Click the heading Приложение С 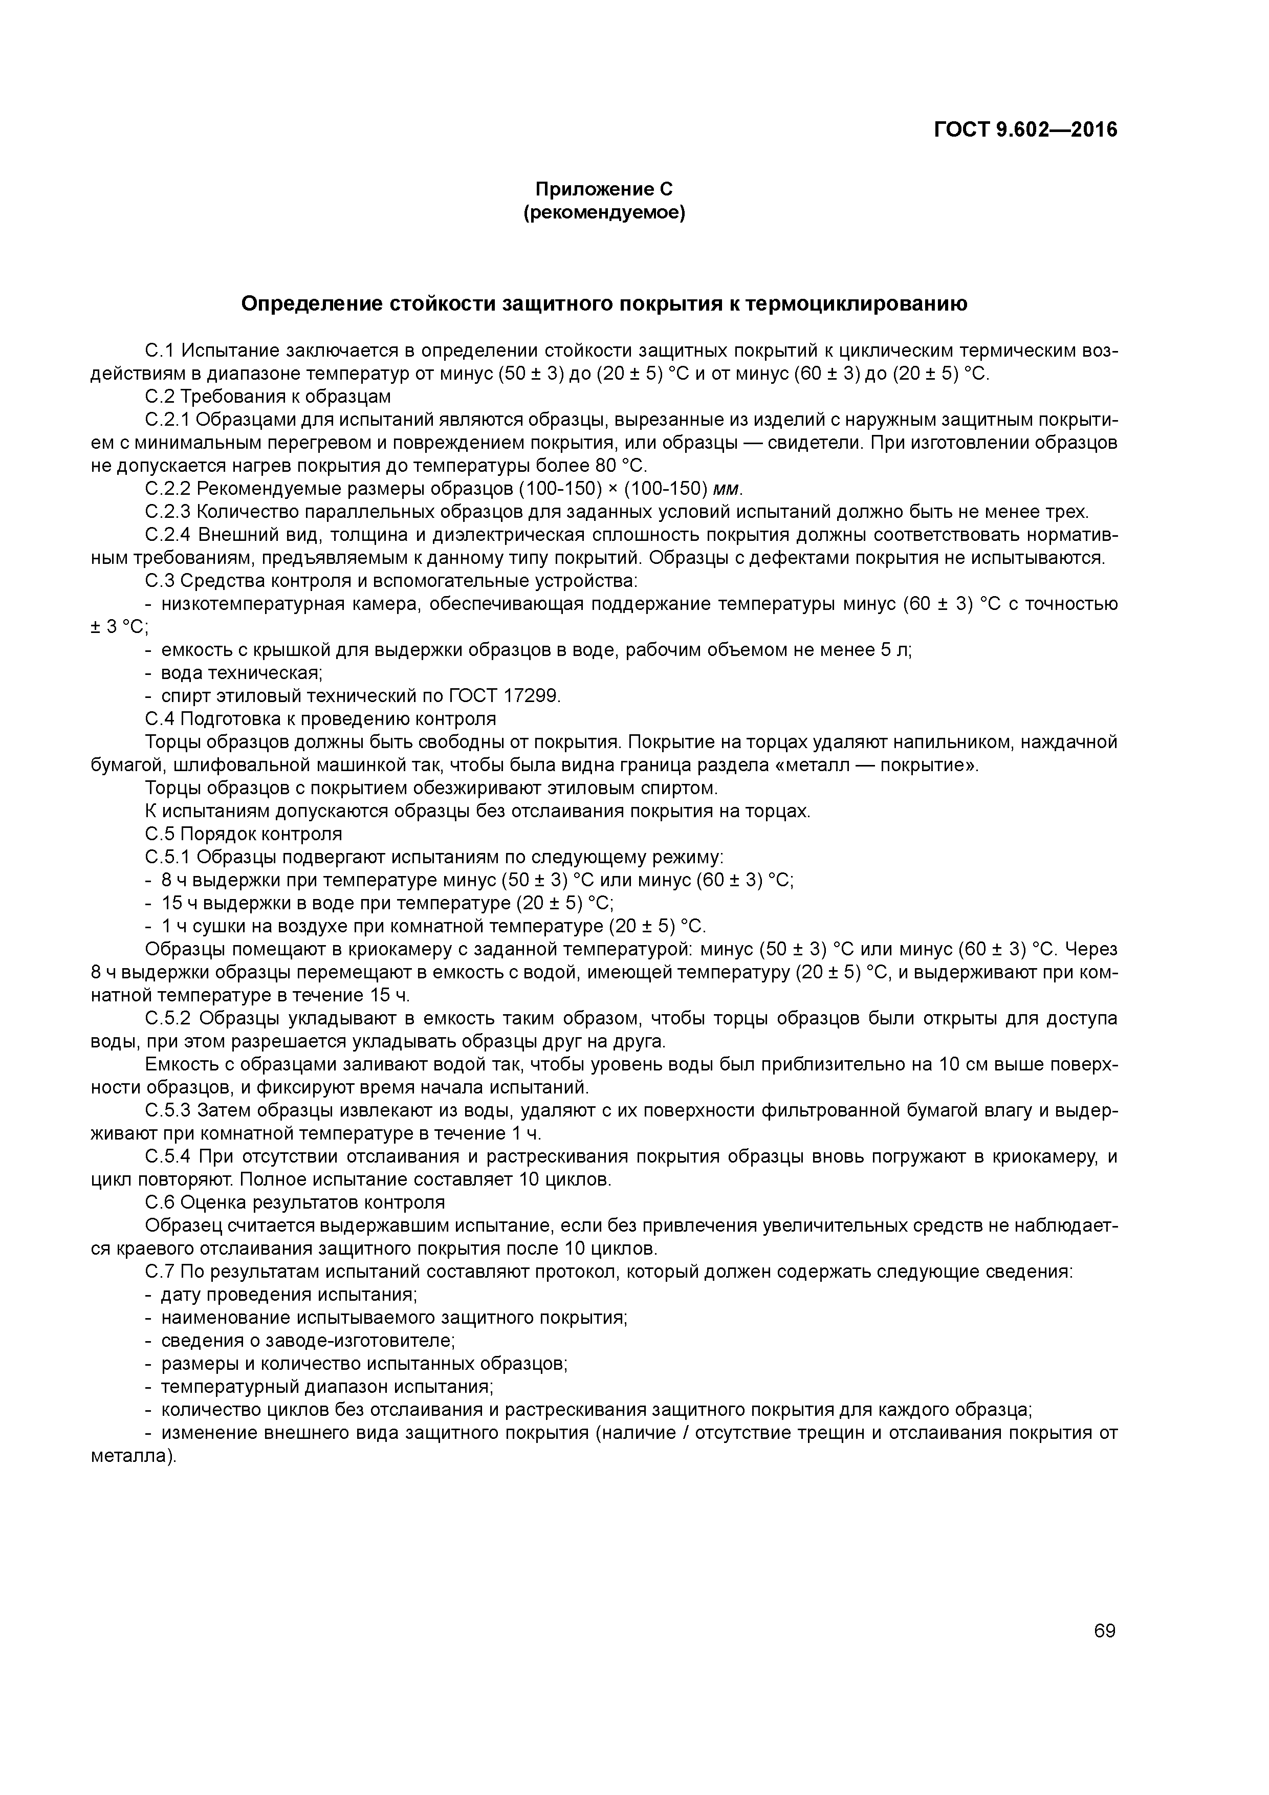604,189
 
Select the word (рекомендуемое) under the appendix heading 604,213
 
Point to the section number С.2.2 168,489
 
